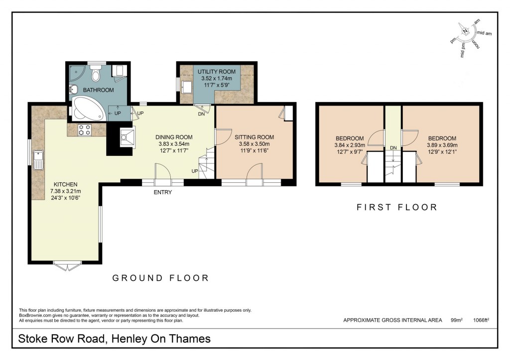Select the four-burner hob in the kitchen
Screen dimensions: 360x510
click(x=84, y=130)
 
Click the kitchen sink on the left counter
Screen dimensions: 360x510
click(x=38, y=160)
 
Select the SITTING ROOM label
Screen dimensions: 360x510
click(x=254, y=137)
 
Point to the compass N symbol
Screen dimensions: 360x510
click(x=466, y=31)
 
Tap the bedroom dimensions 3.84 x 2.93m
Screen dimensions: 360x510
click(x=349, y=145)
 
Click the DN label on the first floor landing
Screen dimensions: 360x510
click(x=393, y=148)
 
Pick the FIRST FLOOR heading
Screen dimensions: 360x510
click(x=396, y=207)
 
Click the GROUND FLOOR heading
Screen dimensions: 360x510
click(x=160, y=278)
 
